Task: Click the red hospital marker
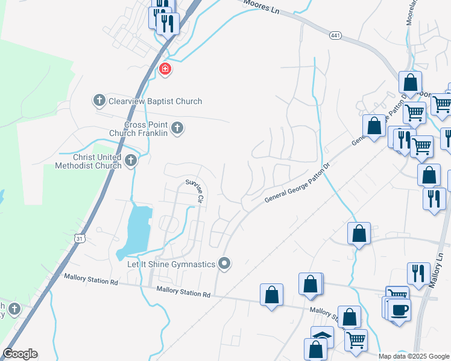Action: (x=164, y=70)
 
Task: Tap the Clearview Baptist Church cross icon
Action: (x=99, y=100)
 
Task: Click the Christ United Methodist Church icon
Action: (x=132, y=160)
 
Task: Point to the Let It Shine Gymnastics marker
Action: (x=224, y=264)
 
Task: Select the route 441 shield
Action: (x=336, y=36)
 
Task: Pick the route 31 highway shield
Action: (x=79, y=239)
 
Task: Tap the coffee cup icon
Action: (x=399, y=310)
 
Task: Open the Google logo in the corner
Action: (x=20, y=354)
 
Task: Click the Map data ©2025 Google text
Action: (x=414, y=356)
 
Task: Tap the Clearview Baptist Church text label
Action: (x=156, y=101)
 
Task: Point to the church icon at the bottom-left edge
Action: (x=14, y=309)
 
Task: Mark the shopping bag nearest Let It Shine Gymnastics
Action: (x=271, y=295)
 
